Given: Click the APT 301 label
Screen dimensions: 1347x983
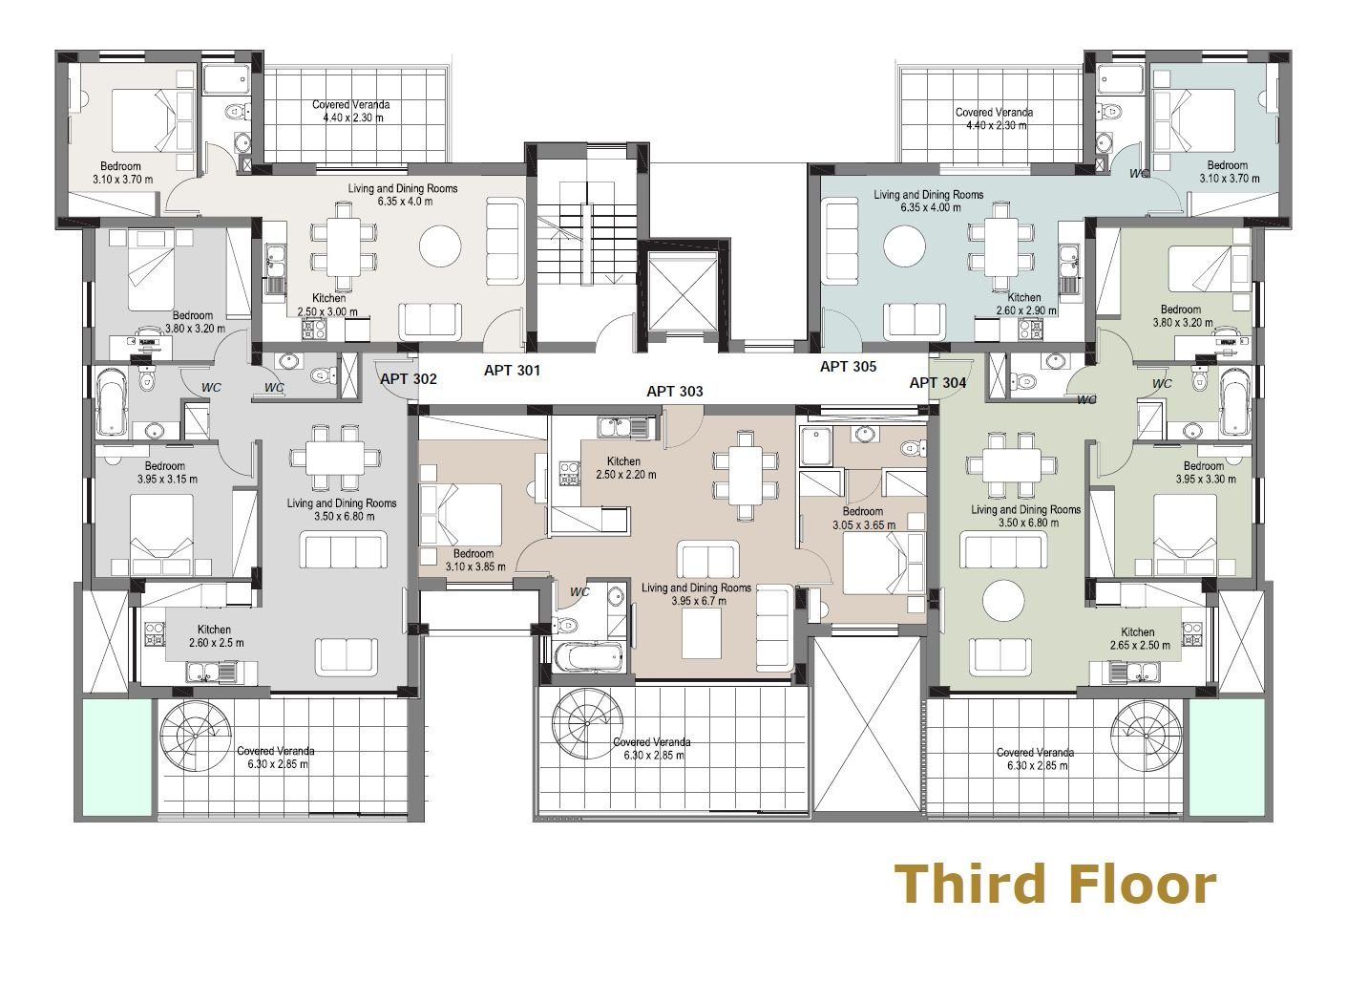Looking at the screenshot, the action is pos(512,371).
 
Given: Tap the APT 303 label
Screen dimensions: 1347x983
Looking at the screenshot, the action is pos(675,392).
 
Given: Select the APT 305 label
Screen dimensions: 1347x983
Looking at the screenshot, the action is pos(849,367).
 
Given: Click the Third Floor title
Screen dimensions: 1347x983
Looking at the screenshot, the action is pos(1055,884).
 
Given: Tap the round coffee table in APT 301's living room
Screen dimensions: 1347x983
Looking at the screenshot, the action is pos(440,246).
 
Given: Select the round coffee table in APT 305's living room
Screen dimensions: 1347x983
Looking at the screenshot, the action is pos(904,246).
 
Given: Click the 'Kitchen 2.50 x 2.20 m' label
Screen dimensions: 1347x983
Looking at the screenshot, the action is pos(625,467).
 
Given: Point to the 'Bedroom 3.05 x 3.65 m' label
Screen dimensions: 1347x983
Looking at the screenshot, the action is pos(864,518).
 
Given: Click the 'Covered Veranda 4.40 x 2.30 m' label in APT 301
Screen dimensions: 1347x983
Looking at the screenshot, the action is pos(351,112).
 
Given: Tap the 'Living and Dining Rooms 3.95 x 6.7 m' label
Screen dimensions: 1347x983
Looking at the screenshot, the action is pos(696,594).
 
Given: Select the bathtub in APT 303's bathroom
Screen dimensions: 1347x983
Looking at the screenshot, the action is pos(589,657).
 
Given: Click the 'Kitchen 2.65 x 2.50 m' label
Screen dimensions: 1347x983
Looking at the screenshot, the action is pos(1140,638).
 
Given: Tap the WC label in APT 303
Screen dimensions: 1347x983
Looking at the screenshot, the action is pos(579,592).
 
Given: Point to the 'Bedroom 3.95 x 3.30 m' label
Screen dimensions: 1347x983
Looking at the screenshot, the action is pos(1206,472).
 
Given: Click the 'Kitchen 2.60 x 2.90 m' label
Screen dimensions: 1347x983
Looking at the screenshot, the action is pos(1026,304).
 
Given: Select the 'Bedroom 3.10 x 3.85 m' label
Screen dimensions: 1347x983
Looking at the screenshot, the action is pos(475,560).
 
